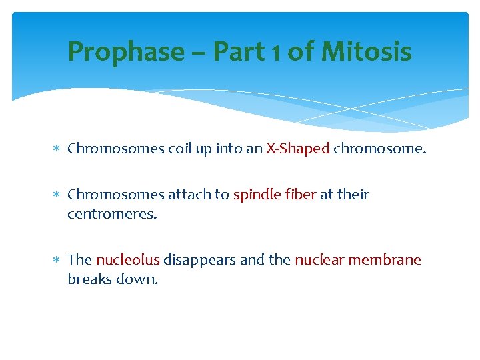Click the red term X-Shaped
click(x=298, y=149)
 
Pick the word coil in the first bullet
click(x=180, y=149)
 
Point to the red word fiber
click(x=299, y=195)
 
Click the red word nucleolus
click(x=127, y=260)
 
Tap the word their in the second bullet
click(x=353, y=195)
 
